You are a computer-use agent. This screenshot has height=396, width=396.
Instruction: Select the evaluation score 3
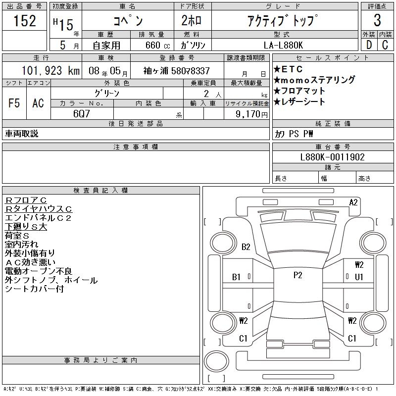(x=377, y=21)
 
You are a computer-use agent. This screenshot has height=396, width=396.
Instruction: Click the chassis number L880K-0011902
(x=333, y=157)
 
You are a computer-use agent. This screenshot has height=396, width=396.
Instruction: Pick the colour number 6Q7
(x=82, y=113)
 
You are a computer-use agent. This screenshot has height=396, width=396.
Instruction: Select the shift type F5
(x=14, y=103)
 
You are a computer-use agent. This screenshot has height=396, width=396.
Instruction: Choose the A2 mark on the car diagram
(x=353, y=202)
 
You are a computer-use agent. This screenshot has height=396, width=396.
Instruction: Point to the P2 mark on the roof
(x=297, y=276)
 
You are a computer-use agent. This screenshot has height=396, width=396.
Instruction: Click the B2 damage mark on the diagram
(x=246, y=247)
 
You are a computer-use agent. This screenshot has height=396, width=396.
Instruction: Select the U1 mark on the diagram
(x=359, y=277)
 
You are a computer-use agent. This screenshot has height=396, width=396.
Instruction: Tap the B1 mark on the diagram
(x=237, y=277)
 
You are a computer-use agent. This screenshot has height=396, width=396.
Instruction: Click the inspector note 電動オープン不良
(x=39, y=271)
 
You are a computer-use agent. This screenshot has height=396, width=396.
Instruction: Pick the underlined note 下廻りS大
(x=26, y=227)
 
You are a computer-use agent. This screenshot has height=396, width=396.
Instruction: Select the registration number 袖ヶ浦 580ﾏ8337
(x=177, y=71)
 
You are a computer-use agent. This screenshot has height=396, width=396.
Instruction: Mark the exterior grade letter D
(x=368, y=45)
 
